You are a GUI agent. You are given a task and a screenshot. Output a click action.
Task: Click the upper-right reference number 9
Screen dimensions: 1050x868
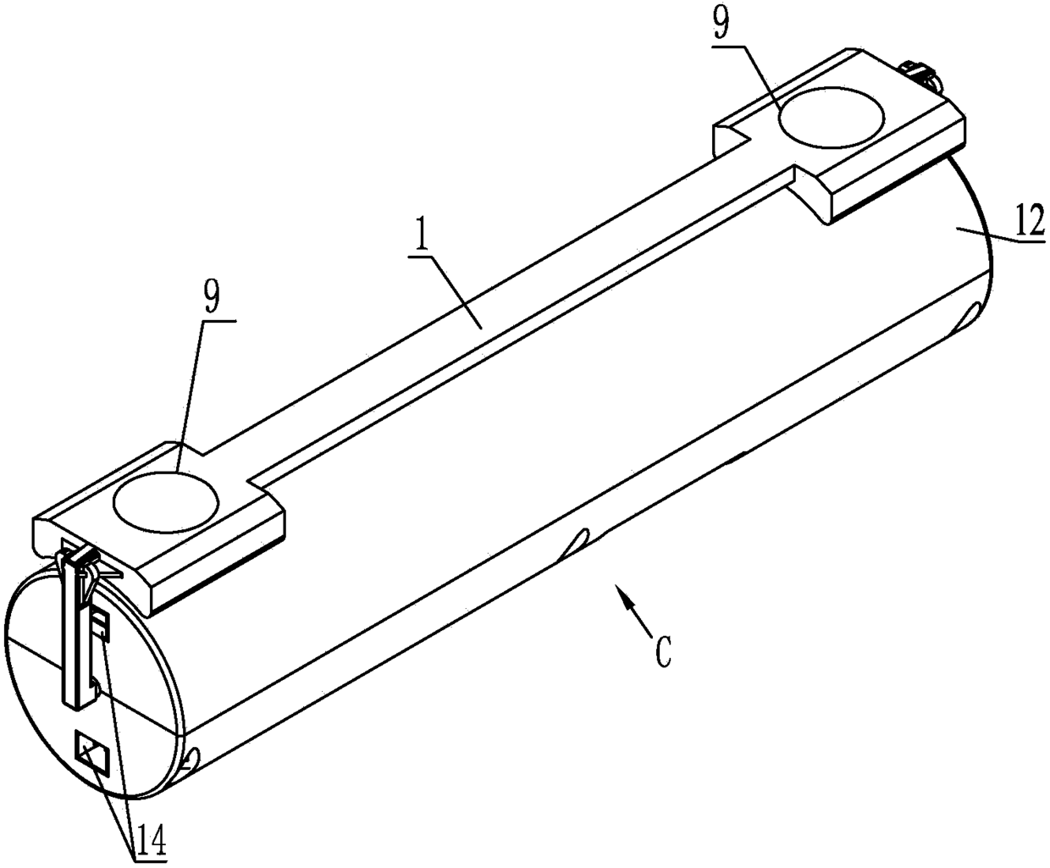tap(721, 24)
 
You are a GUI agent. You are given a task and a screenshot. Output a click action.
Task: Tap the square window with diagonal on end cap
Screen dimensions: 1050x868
tap(92, 754)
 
